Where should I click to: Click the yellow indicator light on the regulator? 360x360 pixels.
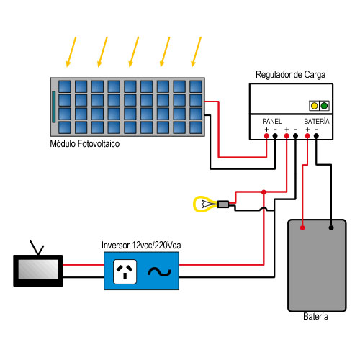click(x=314, y=106)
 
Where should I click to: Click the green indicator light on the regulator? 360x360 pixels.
click(x=324, y=106)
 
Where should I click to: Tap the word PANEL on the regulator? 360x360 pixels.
click(x=272, y=122)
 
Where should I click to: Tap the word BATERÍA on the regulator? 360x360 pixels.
click(x=317, y=121)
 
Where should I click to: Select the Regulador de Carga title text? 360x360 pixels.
click(x=290, y=75)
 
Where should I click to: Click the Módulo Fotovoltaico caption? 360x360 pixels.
click(x=85, y=144)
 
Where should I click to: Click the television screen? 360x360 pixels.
click(x=38, y=269)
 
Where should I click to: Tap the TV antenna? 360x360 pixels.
click(x=37, y=248)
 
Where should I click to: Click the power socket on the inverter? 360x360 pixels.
click(x=125, y=271)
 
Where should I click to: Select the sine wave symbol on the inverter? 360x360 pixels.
click(x=159, y=272)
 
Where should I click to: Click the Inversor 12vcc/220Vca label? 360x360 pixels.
click(x=141, y=246)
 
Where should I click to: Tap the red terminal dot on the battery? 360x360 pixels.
click(x=302, y=228)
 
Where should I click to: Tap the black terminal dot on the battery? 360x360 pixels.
click(x=331, y=228)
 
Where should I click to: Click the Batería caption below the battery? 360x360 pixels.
click(x=315, y=317)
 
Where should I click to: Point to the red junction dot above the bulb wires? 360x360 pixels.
click(x=264, y=192)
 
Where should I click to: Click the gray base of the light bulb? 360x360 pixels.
click(x=223, y=204)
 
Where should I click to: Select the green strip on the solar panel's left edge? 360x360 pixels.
click(x=54, y=107)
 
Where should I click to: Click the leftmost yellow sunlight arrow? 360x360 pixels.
click(x=71, y=52)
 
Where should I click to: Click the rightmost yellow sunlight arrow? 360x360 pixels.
click(x=196, y=52)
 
